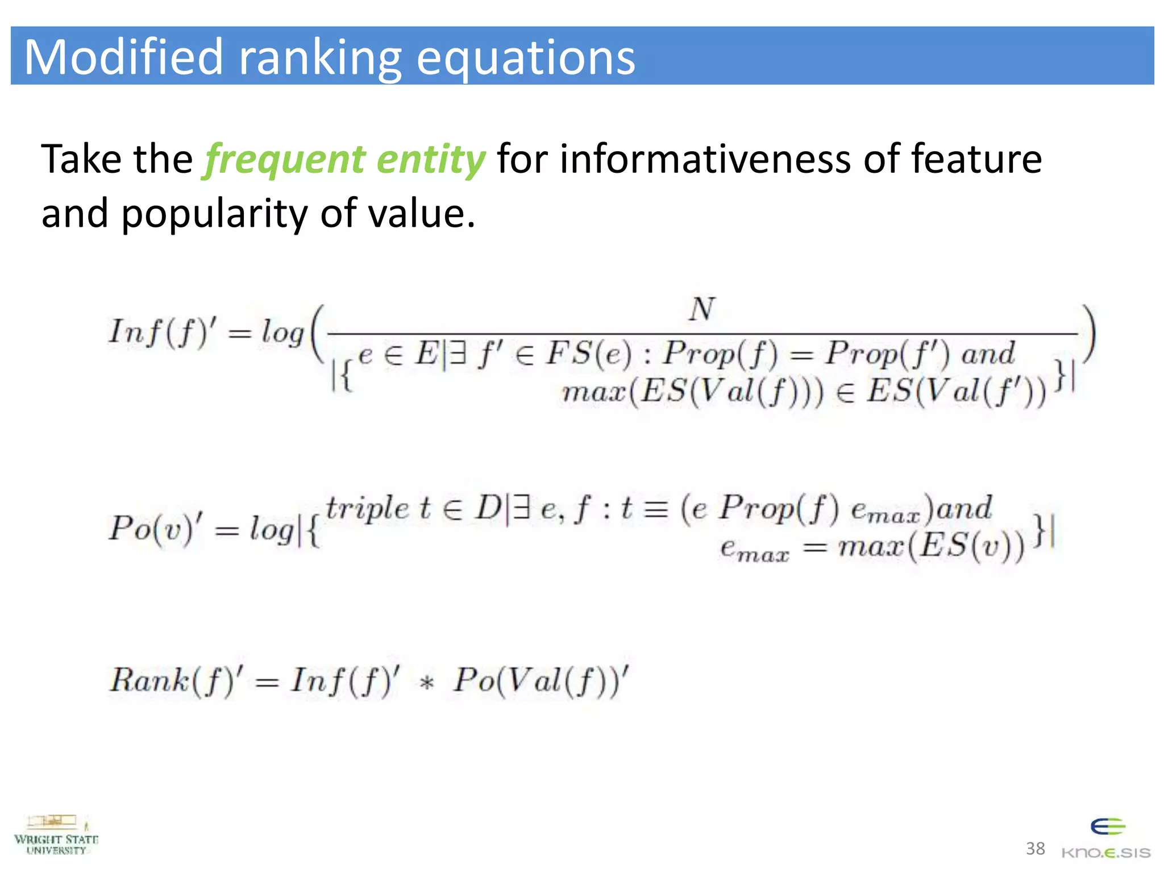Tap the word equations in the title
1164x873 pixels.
(x=526, y=58)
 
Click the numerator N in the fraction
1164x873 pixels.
(x=702, y=310)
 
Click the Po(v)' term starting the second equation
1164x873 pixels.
(x=156, y=529)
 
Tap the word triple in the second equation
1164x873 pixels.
(x=367, y=508)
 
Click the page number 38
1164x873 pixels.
(x=1035, y=849)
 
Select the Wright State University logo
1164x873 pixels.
(x=56, y=835)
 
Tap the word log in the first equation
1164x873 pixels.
(x=282, y=332)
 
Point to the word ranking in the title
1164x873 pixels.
(x=320, y=58)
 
